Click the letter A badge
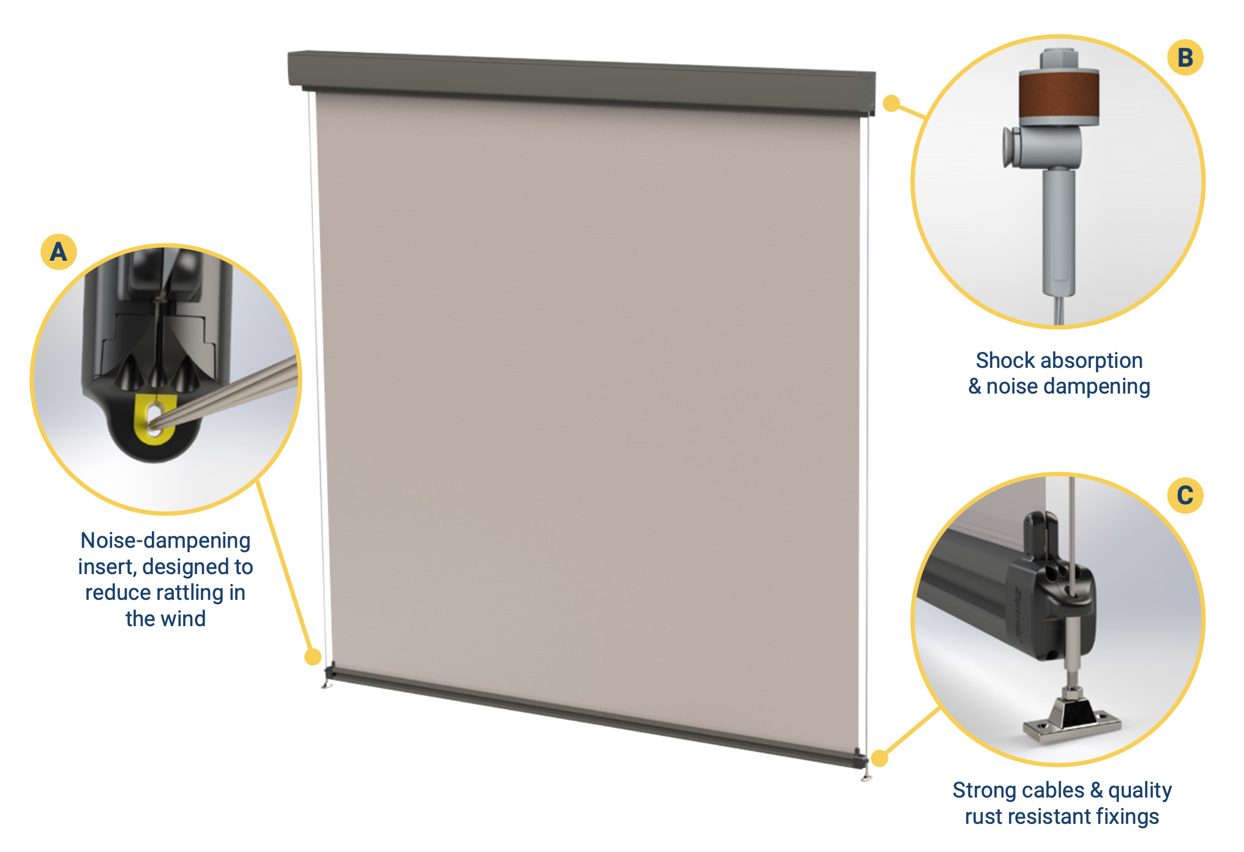tap(58, 252)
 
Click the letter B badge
tap(1185, 58)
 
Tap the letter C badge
tap(1185, 495)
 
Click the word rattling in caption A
tap(189, 592)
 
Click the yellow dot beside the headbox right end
tap(891, 103)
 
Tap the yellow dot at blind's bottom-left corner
tap(313, 657)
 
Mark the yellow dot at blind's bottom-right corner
tap(880, 758)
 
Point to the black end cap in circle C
tap(1062, 612)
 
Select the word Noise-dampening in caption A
tap(165, 540)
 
